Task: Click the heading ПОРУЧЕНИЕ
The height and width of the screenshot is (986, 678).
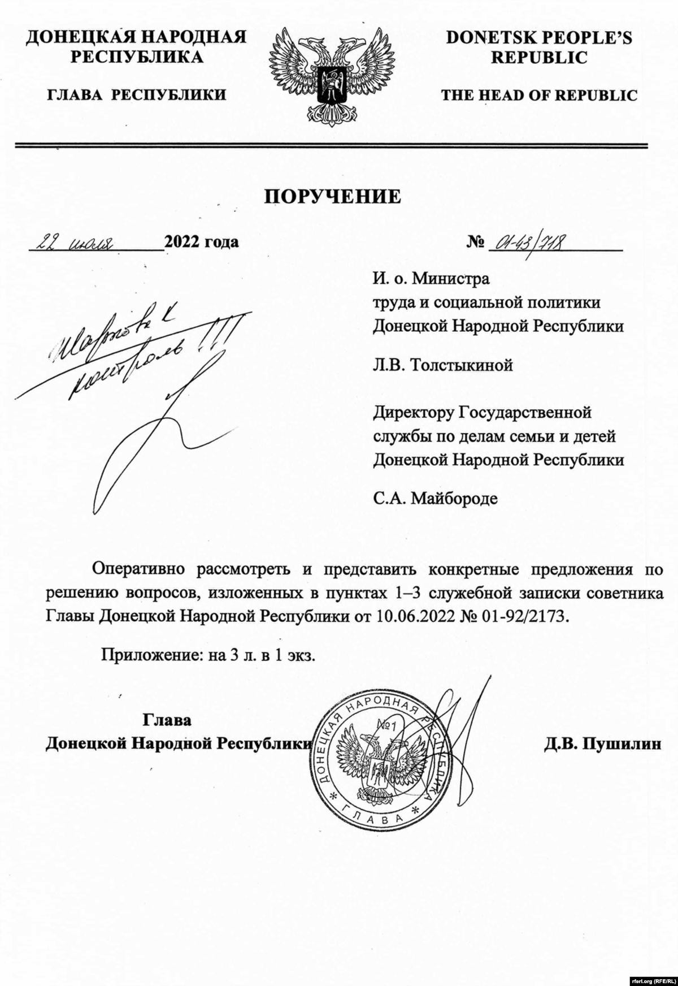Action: point(333,196)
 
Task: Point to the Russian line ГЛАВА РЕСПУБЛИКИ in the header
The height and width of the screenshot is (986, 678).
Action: point(136,95)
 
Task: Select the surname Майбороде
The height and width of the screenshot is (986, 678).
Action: point(454,499)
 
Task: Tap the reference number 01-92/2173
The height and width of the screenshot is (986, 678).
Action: point(516,616)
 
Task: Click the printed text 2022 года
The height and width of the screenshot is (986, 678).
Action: point(201,242)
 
